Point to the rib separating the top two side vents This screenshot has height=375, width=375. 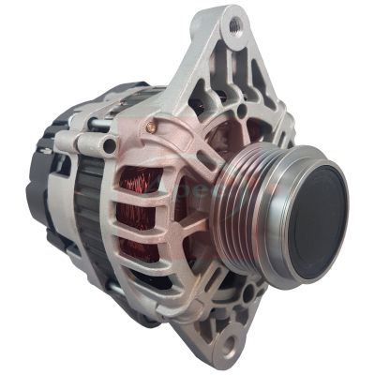(x=141, y=192)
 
